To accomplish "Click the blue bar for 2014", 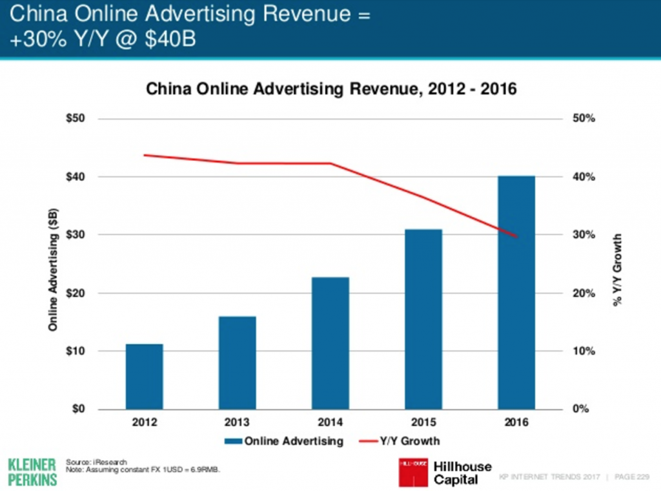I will [x=330, y=343].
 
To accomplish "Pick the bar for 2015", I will [x=423, y=319].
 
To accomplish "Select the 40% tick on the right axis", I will [x=584, y=177].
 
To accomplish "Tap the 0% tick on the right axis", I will [x=582, y=410].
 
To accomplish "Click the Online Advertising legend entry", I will [x=285, y=442].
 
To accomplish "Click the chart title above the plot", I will [x=331, y=89].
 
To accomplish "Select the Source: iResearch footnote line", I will [x=97, y=461].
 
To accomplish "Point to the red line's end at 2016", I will [x=516, y=237].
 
